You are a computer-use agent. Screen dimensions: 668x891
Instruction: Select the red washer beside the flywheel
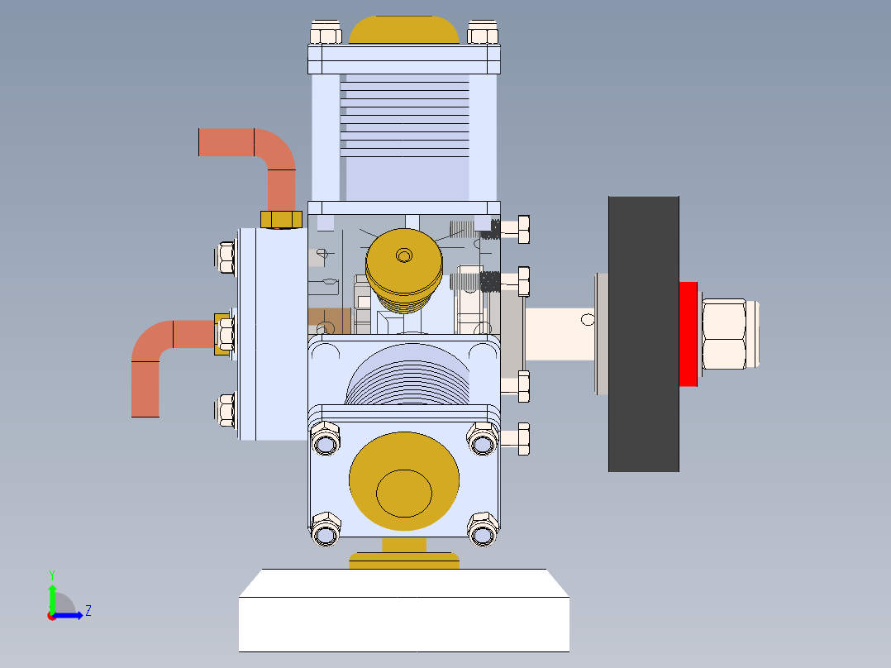click(x=688, y=334)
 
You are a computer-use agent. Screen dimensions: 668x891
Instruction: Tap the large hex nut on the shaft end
click(x=727, y=334)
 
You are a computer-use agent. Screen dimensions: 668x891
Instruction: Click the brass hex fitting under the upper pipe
click(x=281, y=219)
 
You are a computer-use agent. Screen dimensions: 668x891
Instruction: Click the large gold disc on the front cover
click(x=404, y=480)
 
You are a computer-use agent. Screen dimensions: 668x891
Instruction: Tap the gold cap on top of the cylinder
click(x=404, y=31)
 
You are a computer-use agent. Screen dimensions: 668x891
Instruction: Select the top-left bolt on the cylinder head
click(x=326, y=33)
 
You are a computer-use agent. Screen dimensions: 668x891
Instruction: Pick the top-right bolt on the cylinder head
click(x=483, y=33)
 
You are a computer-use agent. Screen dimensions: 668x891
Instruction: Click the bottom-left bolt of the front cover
click(x=325, y=528)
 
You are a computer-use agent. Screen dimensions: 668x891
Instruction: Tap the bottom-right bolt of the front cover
click(x=483, y=528)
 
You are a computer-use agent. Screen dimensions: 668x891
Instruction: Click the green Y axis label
click(x=51, y=574)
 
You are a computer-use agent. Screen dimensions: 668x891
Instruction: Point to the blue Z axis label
click(x=88, y=611)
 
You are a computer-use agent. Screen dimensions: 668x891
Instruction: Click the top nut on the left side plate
click(x=225, y=257)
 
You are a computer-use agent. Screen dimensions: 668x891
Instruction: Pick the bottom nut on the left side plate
click(x=225, y=409)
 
